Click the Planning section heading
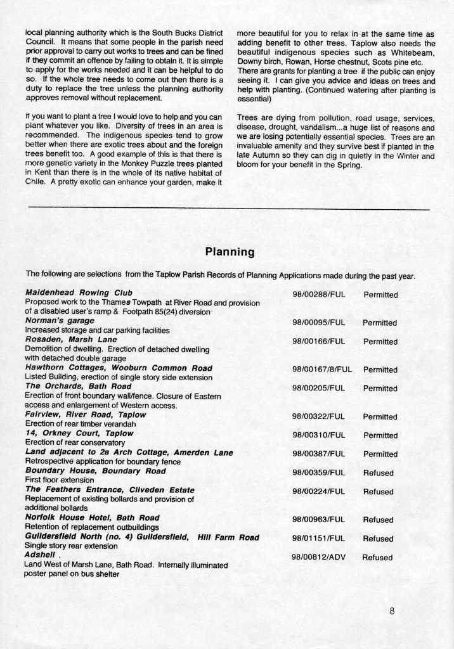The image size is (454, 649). pyautogui.click(x=230, y=252)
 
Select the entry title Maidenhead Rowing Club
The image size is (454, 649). pyautogui.click(x=79, y=293)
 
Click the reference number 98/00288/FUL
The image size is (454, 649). pyautogui.click(x=318, y=295)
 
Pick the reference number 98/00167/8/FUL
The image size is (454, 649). pyautogui.click(x=323, y=369)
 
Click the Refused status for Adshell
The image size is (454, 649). pyautogui.click(x=377, y=558)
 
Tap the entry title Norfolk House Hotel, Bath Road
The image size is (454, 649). pyautogui.click(x=92, y=517)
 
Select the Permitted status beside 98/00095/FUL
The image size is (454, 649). pyautogui.click(x=380, y=323)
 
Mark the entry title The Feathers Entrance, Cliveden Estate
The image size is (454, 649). pyautogui.click(x=109, y=490)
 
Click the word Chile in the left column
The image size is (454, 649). pyautogui.click(x=37, y=184)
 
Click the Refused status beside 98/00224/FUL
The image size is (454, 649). pyautogui.click(x=378, y=491)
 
